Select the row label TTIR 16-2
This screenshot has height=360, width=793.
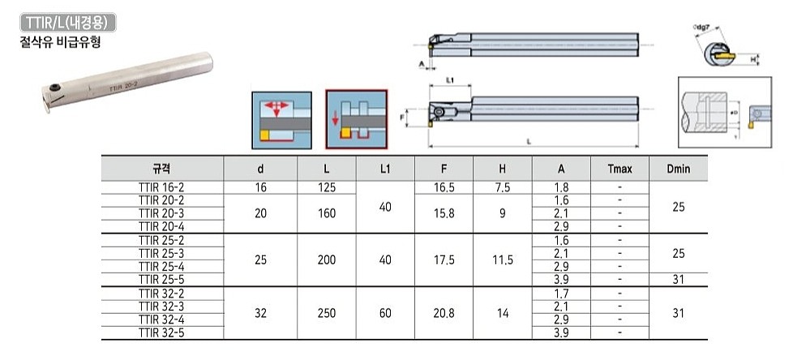point(162,186)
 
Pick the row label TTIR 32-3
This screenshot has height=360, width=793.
point(162,306)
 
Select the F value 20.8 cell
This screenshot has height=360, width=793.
point(444,311)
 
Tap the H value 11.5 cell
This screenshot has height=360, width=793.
point(502,259)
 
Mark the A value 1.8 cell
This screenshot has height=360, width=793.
point(561,186)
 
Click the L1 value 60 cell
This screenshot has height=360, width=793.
point(385,311)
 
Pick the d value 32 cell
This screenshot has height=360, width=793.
point(260,311)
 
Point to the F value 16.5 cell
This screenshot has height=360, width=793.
point(444,186)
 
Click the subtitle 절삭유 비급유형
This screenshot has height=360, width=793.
point(62,41)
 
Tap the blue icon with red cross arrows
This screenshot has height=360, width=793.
point(281,119)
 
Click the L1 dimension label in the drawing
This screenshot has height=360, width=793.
point(449,79)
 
